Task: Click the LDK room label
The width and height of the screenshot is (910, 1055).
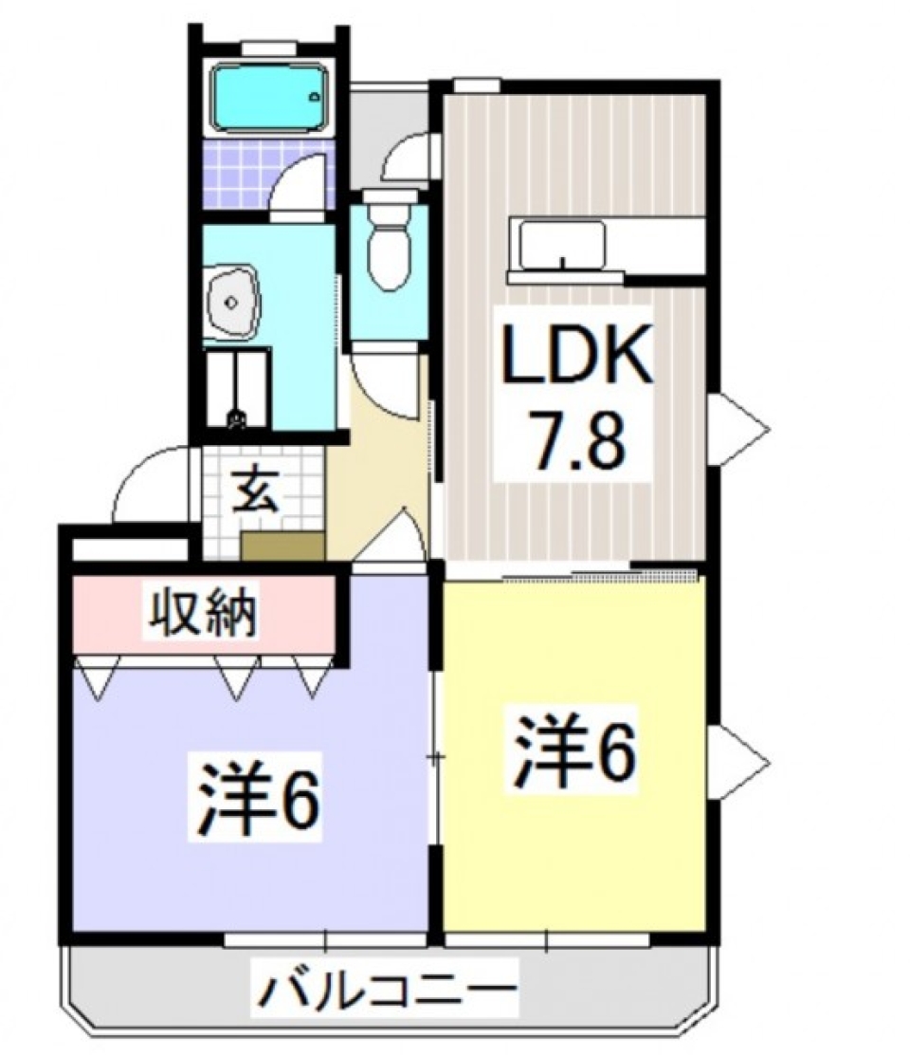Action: pos(576,356)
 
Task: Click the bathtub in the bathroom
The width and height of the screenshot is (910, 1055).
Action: pos(268,97)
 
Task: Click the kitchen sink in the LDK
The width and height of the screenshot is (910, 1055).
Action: pos(561,246)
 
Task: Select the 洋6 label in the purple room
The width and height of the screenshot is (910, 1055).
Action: pos(257,805)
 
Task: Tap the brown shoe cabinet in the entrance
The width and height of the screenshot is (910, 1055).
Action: pos(282,546)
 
